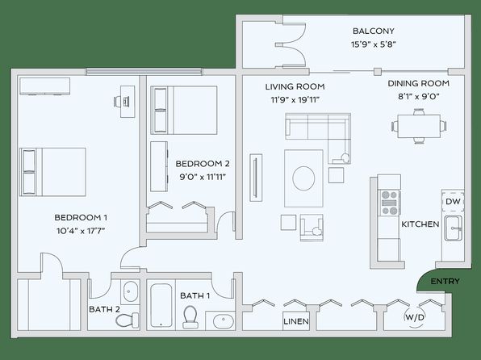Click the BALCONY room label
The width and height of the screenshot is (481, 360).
(x=374, y=31)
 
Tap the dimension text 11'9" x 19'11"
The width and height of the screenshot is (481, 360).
(x=295, y=100)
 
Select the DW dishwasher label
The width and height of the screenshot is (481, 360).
(x=453, y=202)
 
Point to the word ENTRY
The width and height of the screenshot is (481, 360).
(x=445, y=281)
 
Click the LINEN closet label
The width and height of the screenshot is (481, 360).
(x=296, y=321)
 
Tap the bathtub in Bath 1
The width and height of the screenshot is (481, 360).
(x=161, y=305)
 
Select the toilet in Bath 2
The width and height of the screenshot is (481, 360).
(x=128, y=320)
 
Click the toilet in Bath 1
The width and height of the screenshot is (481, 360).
(x=190, y=317)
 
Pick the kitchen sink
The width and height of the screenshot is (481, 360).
(x=453, y=228)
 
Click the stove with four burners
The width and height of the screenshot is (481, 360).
(x=390, y=203)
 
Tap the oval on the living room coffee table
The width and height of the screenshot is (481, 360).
(x=303, y=178)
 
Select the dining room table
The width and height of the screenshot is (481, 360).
(x=419, y=126)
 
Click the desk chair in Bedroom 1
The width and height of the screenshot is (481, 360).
(x=118, y=101)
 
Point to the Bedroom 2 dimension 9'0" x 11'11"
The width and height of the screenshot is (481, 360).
(x=203, y=177)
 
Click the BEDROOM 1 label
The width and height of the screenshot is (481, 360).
(x=81, y=218)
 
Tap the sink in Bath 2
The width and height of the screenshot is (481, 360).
(x=131, y=291)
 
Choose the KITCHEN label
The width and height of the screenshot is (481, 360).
(x=420, y=224)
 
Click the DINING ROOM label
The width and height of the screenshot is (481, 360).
(x=419, y=83)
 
